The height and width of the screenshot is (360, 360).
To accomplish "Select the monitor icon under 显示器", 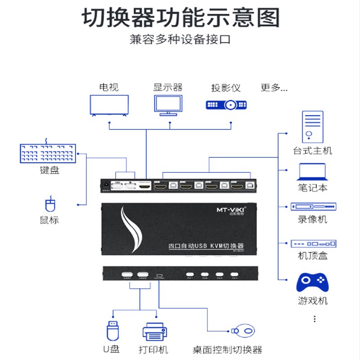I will pos(168,105).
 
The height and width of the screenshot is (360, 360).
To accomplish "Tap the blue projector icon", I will pos(226,105).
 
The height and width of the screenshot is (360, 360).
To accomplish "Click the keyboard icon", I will pos(48,153).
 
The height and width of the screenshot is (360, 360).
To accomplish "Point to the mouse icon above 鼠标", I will pos(49,205).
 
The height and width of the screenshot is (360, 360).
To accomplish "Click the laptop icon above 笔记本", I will pos(312,172).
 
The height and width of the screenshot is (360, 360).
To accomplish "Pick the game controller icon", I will pos(312,282).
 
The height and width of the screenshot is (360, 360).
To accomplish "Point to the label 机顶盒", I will pos(312,256).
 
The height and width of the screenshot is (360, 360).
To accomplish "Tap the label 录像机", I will pos(312,220).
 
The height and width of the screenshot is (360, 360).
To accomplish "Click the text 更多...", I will pos(274,88).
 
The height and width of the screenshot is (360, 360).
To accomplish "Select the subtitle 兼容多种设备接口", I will pos(180,39).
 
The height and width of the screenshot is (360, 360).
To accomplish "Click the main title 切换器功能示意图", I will pos(180,18).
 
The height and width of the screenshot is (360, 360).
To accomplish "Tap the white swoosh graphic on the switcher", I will pos(132,229).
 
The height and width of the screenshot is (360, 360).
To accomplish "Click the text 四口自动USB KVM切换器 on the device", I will pos(206,246).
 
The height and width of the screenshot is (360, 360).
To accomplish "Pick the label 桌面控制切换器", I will pos(227,350).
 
